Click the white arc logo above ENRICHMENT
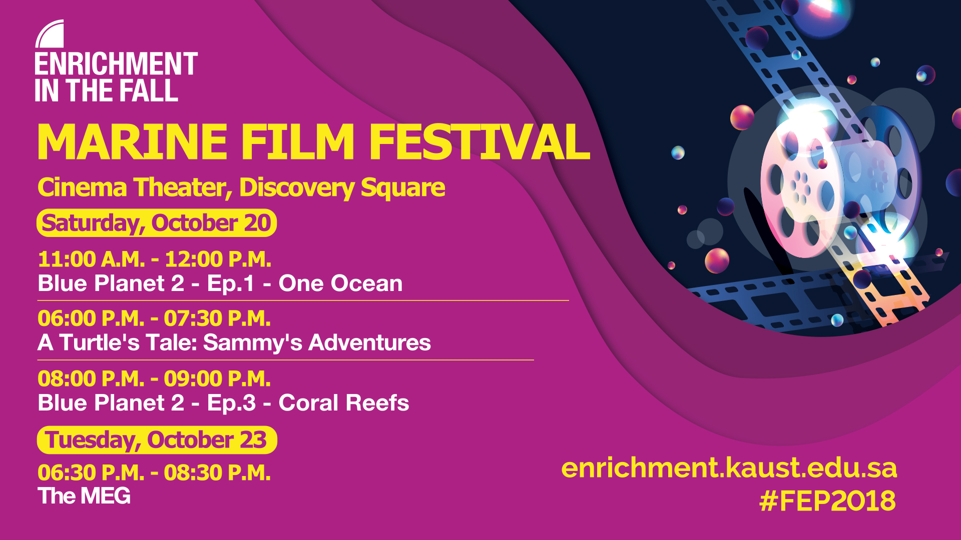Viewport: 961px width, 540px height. (x=50, y=34)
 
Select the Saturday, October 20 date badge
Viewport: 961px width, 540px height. (x=157, y=223)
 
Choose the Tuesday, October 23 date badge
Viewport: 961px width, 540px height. (x=157, y=440)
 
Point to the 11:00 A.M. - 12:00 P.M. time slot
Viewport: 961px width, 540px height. (x=155, y=259)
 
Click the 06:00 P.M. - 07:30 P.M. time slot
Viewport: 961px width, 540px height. (x=154, y=318)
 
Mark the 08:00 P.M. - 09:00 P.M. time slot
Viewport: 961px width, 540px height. (x=154, y=379)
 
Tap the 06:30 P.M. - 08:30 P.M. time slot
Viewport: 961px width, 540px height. (x=154, y=473)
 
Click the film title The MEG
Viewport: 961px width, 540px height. (x=84, y=496)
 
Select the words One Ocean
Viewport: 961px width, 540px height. (x=340, y=283)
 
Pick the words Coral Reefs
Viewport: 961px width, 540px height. (x=344, y=403)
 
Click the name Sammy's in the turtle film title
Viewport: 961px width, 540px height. (x=253, y=343)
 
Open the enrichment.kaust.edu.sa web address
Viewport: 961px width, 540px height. (x=729, y=468)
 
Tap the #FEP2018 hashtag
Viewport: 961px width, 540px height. (x=828, y=500)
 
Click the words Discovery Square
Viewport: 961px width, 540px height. (x=342, y=188)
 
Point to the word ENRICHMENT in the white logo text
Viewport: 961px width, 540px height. (x=116, y=64)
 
